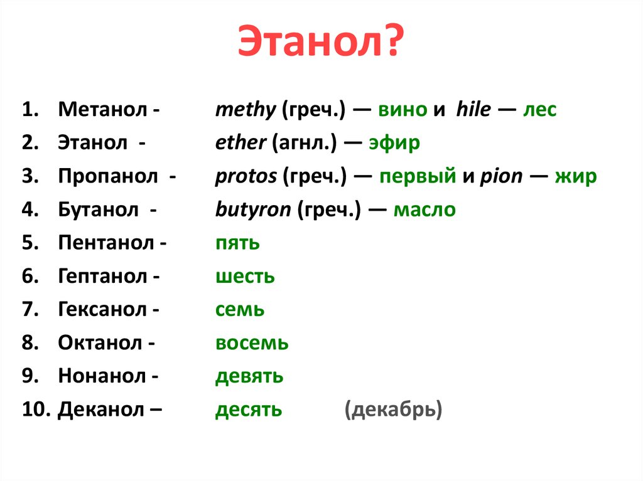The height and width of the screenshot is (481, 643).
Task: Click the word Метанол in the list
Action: click(x=103, y=110)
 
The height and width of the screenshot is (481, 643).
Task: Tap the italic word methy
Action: click(x=245, y=110)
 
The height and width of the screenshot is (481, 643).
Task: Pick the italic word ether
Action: click(x=240, y=143)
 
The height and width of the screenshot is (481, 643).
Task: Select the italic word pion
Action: click(x=500, y=176)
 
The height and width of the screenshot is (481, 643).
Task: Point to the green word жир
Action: click(x=575, y=176)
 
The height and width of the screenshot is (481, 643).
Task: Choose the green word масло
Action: click(x=424, y=209)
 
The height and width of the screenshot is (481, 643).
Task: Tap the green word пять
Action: click(x=237, y=243)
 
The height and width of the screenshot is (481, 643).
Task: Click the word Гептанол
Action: click(x=104, y=276)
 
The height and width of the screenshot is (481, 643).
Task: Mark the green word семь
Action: click(x=239, y=310)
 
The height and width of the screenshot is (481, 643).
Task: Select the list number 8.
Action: click(x=30, y=343)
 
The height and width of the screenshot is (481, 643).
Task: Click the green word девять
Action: click(x=249, y=376)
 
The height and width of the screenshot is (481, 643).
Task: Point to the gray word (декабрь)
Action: click(x=393, y=410)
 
